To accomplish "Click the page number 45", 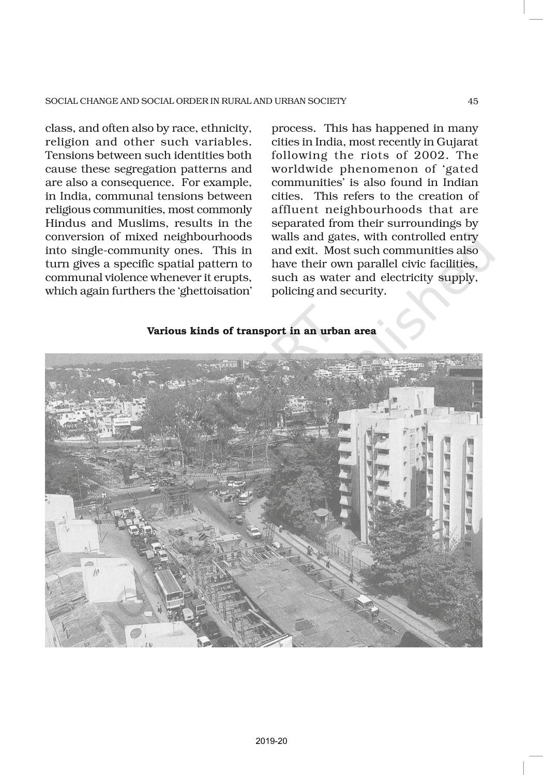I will point(473,101).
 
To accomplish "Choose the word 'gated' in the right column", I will point(459,169).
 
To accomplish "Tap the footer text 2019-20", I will point(271,741).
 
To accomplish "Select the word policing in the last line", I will point(292,291).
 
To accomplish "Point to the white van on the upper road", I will point(245,497).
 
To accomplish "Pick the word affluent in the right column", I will point(295,210).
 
